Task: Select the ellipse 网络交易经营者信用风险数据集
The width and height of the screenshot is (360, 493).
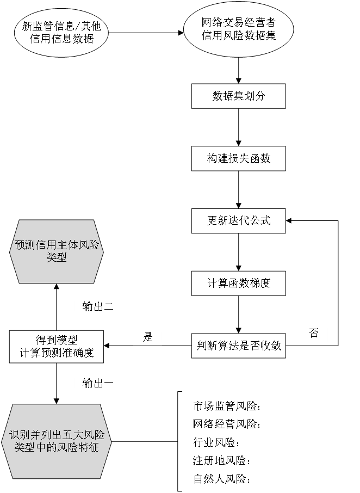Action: (x=238, y=29)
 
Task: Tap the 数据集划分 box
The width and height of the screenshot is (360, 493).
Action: (x=238, y=96)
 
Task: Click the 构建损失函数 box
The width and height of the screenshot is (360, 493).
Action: (x=238, y=158)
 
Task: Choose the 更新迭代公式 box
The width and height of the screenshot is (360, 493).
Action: (x=238, y=221)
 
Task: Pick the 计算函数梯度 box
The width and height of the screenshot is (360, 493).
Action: (x=238, y=283)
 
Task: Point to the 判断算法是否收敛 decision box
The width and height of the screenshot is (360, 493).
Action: (x=238, y=346)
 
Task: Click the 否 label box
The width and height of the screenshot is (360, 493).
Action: (x=313, y=334)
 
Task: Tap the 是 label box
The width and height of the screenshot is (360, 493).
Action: (x=147, y=337)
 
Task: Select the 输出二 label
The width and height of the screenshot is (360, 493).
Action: (x=98, y=307)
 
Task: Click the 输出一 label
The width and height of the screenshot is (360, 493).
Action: (x=98, y=383)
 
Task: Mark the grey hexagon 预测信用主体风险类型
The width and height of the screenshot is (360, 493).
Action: (x=57, y=251)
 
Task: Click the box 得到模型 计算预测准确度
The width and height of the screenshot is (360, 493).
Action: (x=57, y=346)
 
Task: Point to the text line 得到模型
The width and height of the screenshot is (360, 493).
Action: (x=57, y=340)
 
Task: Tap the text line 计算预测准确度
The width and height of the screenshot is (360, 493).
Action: (x=57, y=353)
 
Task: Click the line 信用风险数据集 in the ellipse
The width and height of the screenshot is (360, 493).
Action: (x=238, y=35)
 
